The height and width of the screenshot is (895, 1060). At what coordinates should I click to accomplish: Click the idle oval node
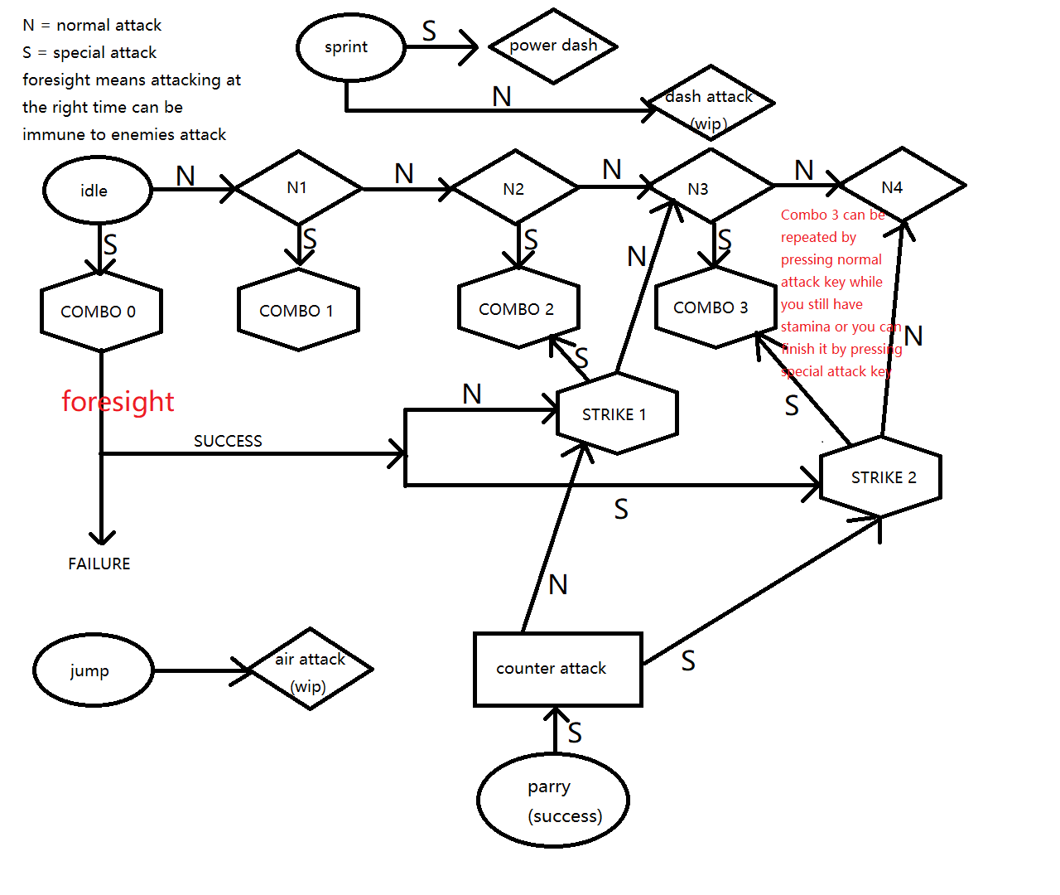click(97, 190)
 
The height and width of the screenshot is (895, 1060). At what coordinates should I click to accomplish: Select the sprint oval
click(350, 47)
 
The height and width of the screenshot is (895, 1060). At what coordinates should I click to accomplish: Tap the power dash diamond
click(554, 46)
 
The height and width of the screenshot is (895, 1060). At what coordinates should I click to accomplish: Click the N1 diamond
click(298, 188)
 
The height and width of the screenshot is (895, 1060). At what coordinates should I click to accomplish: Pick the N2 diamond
click(515, 188)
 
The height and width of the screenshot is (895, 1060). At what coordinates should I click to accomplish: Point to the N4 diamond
click(902, 186)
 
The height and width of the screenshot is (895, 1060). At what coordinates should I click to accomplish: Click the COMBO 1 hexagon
click(298, 311)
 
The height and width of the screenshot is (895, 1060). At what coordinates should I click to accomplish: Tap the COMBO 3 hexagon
click(714, 307)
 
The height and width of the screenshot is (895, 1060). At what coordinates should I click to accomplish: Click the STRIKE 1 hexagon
click(617, 414)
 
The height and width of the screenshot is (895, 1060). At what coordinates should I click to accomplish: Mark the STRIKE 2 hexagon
click(881, 477)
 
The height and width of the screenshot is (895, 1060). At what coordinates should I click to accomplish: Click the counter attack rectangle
click(557, 669)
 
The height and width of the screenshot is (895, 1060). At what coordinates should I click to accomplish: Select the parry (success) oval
click(553, 800)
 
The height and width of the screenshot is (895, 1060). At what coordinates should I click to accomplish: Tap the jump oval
click(94, 670)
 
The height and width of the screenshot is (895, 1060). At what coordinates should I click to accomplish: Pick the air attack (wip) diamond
click(311, 670)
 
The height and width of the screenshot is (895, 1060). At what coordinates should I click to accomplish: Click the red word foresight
click(118, 401)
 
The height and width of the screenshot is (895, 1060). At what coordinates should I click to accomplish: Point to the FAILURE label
click(99, 564)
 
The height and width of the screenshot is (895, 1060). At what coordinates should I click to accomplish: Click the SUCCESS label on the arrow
click(228, 441)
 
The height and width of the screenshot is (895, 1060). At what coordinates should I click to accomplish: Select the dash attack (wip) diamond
click(710, 104)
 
